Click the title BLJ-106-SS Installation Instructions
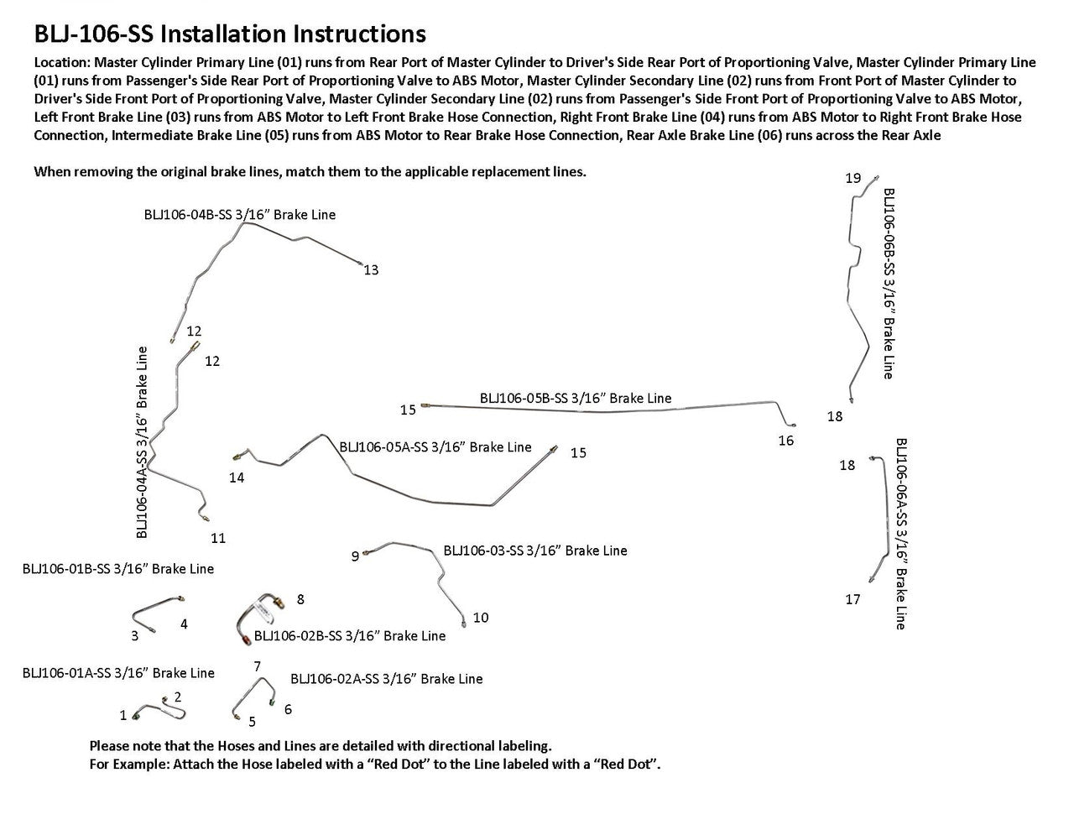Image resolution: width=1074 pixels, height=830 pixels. click(x=229, y=34)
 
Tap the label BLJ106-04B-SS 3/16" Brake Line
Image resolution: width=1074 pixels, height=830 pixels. click(x=240, y=215)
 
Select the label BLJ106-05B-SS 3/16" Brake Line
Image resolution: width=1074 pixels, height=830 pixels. click(x=576, y=398)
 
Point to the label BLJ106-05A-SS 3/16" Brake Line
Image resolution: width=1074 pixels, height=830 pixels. click(x=435, y=447)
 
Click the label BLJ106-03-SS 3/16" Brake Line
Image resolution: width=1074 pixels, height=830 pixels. click(x=534, y=551)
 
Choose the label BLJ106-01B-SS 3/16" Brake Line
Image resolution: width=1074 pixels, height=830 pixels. click(x=117, y=569)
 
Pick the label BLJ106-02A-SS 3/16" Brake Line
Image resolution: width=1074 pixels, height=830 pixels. click(x=386, y=678)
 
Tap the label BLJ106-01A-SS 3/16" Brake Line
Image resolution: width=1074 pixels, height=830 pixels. click(x=118, y=673)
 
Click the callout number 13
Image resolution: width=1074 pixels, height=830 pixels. click(x=371, y=270)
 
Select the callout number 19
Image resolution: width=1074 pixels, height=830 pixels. click(x=852, y=178)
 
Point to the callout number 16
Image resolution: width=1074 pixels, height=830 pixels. click(x=785, y=441)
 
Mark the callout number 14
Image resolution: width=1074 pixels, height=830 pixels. click(x=237, y=478)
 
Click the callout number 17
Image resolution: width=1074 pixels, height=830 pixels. click(x=852, y=600)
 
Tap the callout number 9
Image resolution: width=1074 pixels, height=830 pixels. click(x=355, y=556)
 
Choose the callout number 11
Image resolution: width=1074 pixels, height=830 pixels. click(x=218, y=538)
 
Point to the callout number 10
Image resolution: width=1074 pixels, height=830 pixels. click(x=481, y=618)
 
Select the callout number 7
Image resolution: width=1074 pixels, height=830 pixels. click(x=258, y=666)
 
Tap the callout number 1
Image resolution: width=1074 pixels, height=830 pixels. click(x=123, y=716)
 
